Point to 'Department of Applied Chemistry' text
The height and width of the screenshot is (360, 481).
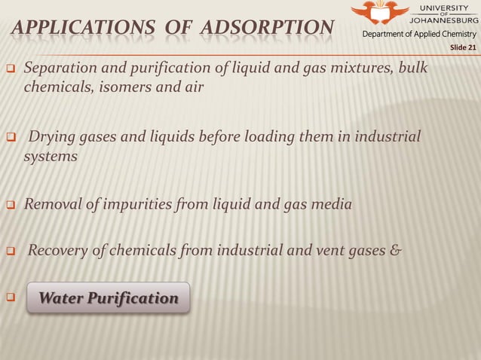420,35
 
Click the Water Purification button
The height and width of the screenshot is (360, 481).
108,299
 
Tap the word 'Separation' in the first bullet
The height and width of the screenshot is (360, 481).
59,69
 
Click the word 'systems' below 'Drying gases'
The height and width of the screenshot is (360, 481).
51,157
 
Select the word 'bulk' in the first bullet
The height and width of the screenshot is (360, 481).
411,69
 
